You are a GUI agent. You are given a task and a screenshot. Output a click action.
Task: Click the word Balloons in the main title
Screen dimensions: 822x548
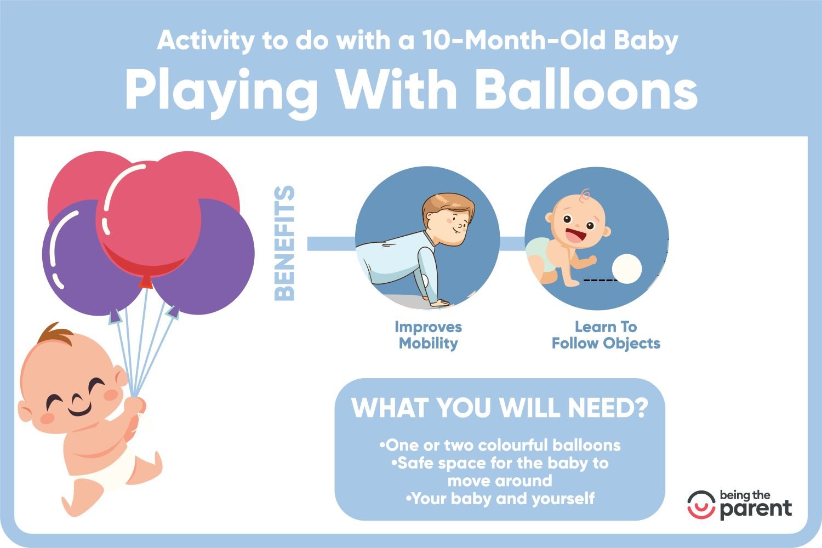(586, 90)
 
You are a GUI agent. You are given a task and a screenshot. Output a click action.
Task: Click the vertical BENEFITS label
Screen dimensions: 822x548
(284, 243)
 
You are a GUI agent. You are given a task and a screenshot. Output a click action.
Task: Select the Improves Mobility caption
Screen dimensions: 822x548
(428, 335)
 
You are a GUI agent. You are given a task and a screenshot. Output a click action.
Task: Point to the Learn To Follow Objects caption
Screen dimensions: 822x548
(606, 335)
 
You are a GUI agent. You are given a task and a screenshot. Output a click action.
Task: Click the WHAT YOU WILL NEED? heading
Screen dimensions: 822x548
(500, 407)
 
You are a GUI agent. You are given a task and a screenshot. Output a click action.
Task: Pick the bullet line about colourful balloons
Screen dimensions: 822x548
(500, 445)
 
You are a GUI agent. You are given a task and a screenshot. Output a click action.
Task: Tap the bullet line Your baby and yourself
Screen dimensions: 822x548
(500, 499)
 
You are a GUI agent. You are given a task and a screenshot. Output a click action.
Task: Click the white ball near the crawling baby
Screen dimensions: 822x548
(627, 269)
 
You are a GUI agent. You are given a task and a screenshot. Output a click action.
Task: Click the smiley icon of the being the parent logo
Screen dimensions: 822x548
(701, 505)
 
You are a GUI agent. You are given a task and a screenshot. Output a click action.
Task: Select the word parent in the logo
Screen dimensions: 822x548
(756, 510)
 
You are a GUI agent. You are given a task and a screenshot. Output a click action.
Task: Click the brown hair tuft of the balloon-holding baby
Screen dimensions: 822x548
(55, 334)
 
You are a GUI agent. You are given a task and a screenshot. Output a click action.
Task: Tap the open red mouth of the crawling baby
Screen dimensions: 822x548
(575, 235)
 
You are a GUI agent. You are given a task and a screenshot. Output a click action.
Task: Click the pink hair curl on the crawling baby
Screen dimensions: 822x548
(584, 195)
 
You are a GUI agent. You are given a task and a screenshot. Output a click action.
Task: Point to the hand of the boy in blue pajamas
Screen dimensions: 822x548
(439, 303)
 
